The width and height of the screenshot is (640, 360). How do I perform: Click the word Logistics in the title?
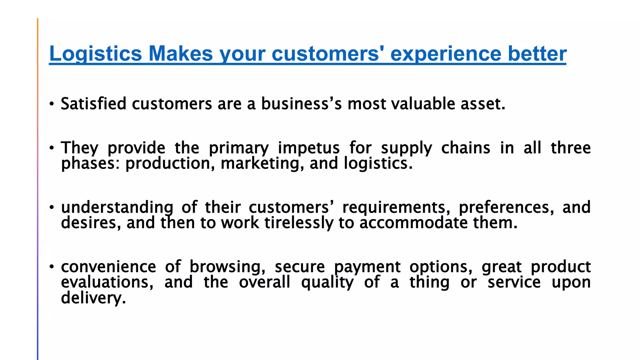tap(96, 54)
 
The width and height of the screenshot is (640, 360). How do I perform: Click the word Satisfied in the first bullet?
tap(93, 104)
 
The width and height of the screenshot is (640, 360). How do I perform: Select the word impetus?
tap(308, 148)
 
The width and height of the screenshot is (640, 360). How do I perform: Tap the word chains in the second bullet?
tap(466, 148)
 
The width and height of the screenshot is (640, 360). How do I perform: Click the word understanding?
tap(117, 207)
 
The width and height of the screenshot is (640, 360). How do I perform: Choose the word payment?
tap(367, 267)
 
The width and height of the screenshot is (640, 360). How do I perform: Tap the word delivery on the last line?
tap(93, 298)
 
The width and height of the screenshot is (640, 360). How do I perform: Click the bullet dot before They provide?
tap(52, 148)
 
